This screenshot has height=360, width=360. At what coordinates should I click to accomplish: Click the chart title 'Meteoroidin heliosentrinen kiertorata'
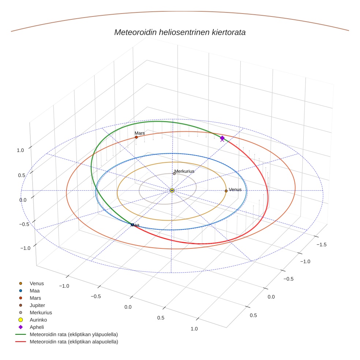180,32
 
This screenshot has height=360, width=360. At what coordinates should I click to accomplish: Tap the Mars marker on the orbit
136,137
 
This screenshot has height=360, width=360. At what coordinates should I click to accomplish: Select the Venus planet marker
226,191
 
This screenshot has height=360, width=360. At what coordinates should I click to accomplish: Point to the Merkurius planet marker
174,173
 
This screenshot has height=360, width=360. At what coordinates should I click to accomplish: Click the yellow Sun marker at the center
172,190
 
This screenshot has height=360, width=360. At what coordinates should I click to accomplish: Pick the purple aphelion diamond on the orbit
222,138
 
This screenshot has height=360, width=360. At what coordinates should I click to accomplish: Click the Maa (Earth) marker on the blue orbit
132,225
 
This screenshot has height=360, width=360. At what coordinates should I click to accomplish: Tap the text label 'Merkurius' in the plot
184,171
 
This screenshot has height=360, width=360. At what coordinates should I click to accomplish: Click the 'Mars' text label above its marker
139,133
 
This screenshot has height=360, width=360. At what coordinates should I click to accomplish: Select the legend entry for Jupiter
37,305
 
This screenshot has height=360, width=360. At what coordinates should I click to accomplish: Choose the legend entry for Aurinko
38,320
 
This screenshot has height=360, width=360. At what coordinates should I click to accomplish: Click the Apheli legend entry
37,327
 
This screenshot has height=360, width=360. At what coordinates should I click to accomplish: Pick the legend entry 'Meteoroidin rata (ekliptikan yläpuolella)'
74,334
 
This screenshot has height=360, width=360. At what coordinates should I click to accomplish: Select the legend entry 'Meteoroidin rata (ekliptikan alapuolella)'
74,342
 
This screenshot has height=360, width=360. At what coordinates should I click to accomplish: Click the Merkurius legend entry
41,312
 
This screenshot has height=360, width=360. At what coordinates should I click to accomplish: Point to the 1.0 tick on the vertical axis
20,150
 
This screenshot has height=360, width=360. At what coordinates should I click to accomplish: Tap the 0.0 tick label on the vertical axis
23,200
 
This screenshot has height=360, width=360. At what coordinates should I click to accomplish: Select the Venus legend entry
37,283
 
